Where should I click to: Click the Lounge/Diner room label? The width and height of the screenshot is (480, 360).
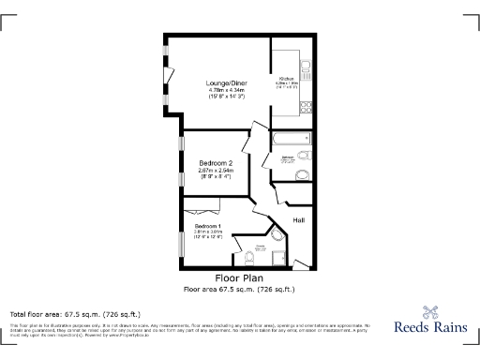click(x=225, y=83)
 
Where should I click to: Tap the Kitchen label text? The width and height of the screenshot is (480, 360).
click(x=285, y=79)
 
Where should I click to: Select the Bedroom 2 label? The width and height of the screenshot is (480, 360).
click(x=215, y=162)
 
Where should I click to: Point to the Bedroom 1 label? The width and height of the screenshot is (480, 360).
click(x=208, y=227)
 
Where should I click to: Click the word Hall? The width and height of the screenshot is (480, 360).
click(x=298, y=220)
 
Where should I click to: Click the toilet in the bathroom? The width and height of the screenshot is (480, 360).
click(x=303, y=175)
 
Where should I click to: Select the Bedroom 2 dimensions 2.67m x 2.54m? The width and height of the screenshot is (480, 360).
click(x=215, y=170)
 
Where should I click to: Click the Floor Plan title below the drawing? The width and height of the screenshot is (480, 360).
click(x=239, y=278)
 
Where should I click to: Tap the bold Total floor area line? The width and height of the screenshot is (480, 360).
click(x=75, y=313)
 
